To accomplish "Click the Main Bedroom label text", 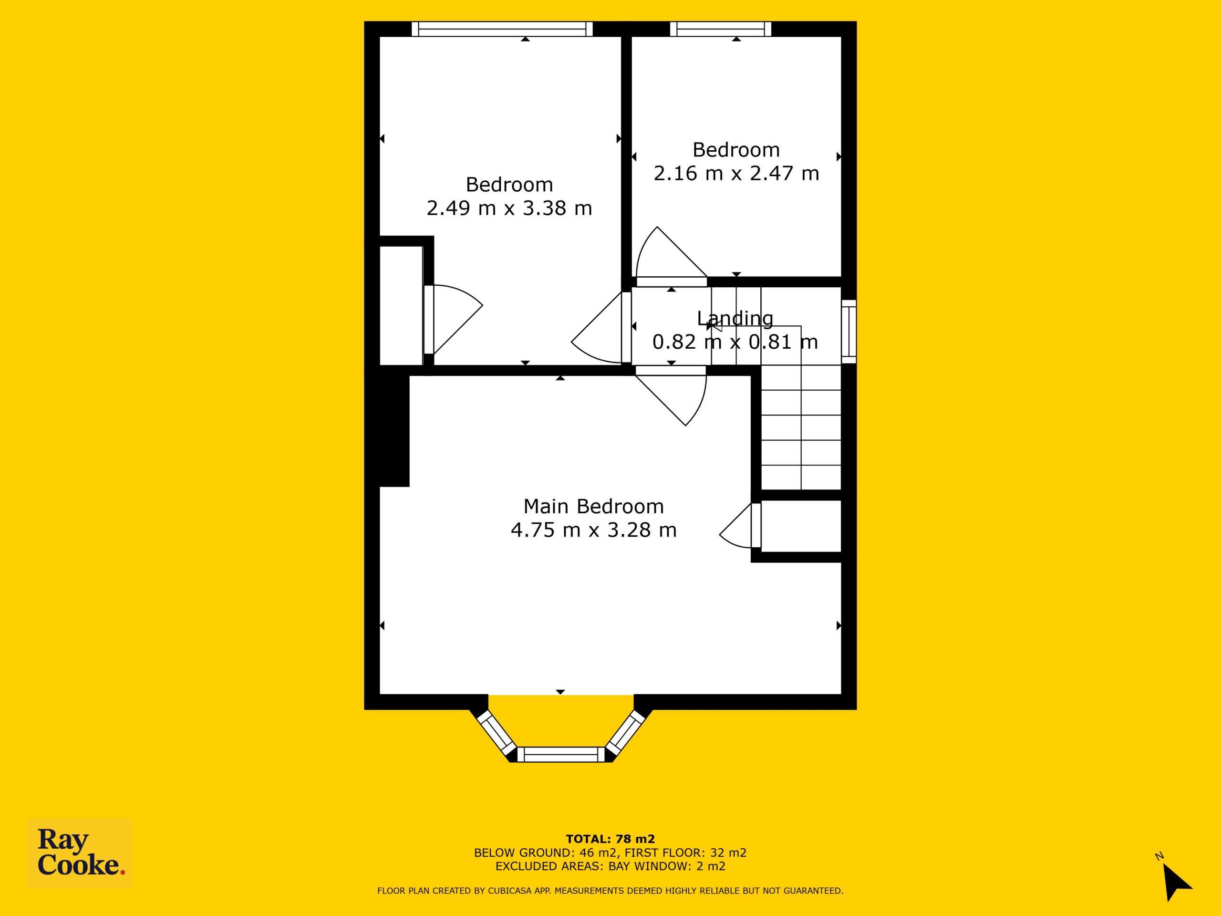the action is (x=593, y=506).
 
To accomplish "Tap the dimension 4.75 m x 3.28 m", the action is (x=593, y=530).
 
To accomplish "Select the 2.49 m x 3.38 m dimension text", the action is (x=509, y=208).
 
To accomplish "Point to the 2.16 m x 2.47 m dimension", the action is (x=736, y=173).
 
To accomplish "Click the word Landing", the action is (x=735, y=319).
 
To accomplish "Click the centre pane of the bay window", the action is (x=561, y=754).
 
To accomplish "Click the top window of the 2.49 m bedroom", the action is (x=502, y=29).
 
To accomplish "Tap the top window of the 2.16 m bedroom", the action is (x=720, y=29).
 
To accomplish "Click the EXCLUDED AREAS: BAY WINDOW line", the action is (x=610, y=866).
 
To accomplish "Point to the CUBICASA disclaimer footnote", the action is (x=610, y=891).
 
